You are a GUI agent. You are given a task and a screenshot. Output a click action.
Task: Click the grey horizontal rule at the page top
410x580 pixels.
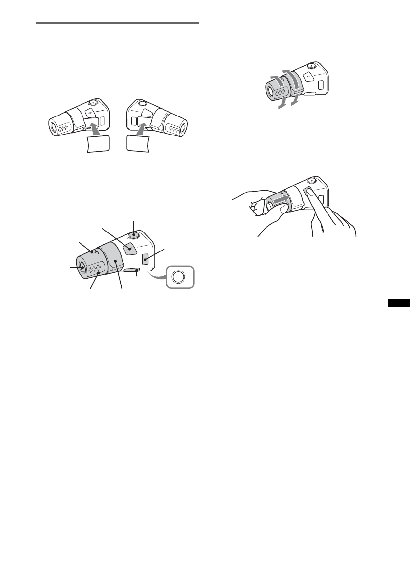[118, 22]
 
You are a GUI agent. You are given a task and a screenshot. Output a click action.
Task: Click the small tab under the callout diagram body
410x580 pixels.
[133, 270]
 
